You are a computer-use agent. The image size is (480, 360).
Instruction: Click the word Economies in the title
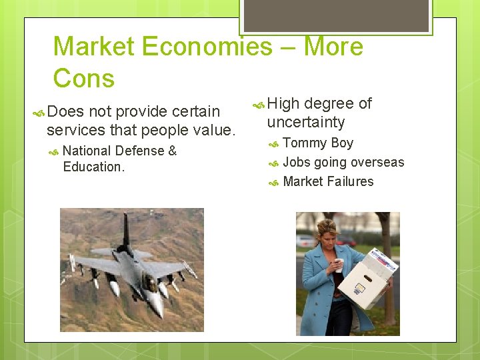207,47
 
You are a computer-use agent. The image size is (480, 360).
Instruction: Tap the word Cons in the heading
84,79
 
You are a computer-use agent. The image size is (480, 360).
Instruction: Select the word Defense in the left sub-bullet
140,151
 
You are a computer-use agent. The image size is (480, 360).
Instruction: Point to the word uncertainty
306,122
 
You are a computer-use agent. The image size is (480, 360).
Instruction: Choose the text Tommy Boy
318,143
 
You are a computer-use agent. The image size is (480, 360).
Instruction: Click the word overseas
377,162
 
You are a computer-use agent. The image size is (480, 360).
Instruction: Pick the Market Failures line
328,181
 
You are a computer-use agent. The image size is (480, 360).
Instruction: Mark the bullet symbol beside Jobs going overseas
273,163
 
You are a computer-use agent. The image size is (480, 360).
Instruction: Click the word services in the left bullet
73,130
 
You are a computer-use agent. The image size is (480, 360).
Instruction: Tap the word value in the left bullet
215,130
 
